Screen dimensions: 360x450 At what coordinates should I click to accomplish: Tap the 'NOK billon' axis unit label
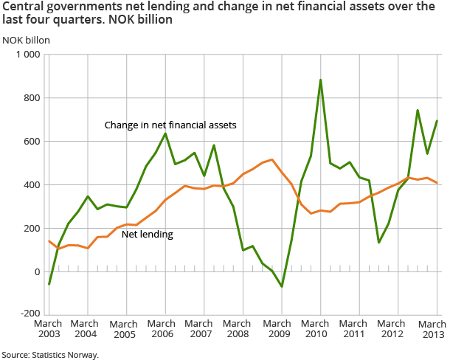point(25,40)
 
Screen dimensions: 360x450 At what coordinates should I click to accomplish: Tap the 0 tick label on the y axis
point(36,272)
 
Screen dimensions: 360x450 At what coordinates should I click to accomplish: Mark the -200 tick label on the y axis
point(29,315)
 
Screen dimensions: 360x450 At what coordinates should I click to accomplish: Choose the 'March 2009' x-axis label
point(281,329)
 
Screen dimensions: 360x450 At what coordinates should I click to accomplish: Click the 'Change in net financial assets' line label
point(170,125)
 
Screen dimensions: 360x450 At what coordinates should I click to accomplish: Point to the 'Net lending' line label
point(147,235)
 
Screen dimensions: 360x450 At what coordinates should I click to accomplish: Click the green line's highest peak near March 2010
point(320,80)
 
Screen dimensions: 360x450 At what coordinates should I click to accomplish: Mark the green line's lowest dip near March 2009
point(282,286)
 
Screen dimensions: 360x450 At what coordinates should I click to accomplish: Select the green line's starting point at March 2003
point(49,284)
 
